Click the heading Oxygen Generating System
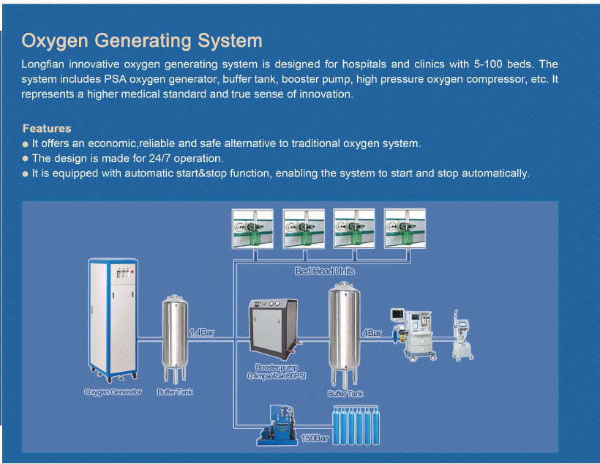click(142, 41)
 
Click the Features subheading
click(47, 129)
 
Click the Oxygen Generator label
click(113, 392)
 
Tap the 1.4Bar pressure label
click(202, 332)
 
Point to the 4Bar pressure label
click(372, 332)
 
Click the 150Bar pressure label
click(315, 438)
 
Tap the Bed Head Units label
click(324, 271)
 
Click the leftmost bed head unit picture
click(252, 229)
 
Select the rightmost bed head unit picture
click(405, 229)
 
